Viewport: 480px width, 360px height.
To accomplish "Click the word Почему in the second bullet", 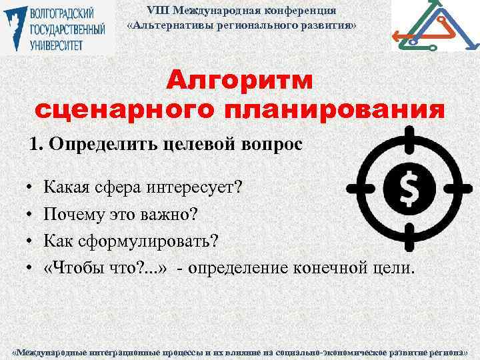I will point(71,215).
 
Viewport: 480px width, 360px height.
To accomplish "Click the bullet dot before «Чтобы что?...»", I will point(31,268).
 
